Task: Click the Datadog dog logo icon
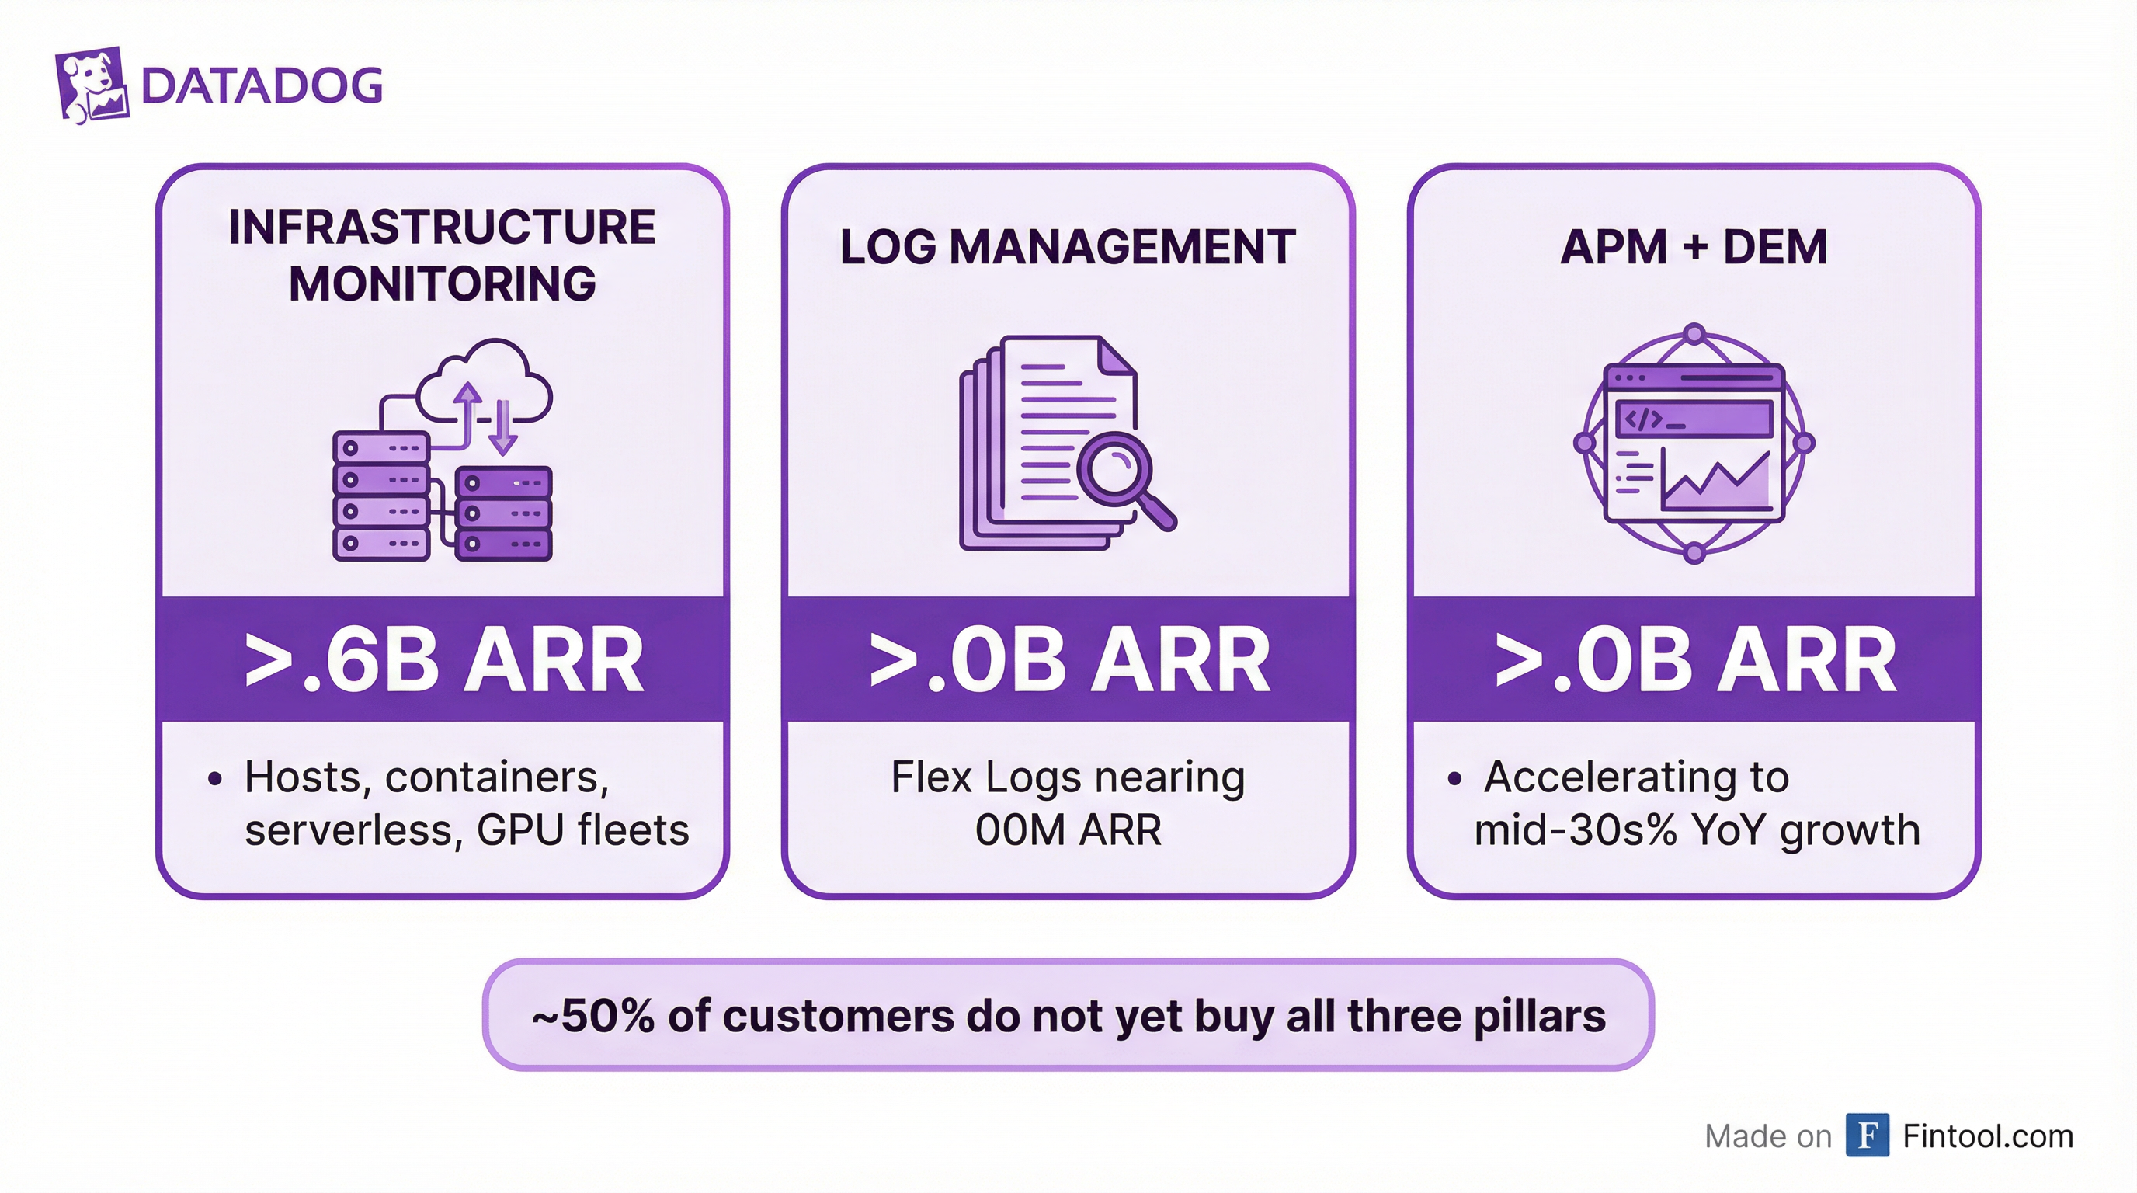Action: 92,85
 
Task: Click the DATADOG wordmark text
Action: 262,85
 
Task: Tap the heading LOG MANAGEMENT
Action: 1068,246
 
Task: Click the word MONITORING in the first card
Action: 442,283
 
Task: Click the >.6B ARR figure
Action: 444,660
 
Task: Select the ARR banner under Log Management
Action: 1068,660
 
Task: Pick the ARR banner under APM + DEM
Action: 1694,660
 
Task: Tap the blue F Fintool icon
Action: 1867,1135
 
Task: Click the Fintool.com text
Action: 1988,1136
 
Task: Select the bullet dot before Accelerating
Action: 1454,779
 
